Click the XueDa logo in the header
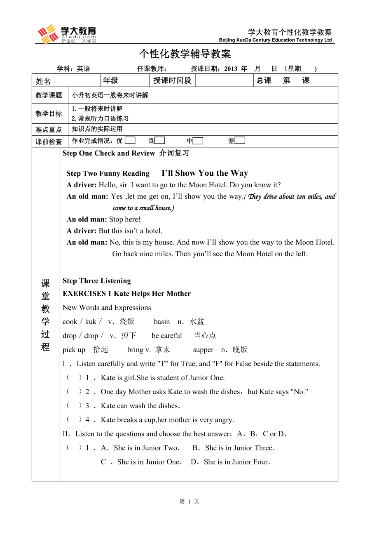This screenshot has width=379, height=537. [x=67, y=34]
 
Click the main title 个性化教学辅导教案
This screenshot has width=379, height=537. [x=185, y=54]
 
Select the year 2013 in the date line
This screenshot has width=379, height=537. [x=231, y=69]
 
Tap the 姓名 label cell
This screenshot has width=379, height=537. [x=43, y=81]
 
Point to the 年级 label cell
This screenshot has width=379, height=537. [x=110, y=80]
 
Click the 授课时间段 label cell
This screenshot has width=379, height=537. [x=172, y=80]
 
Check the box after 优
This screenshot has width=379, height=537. [x=130, y=141]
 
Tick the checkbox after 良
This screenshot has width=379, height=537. [x=160, y=141]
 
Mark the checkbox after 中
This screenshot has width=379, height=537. [x=198, y=141]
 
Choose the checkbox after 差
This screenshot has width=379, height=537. [x=240, y=141]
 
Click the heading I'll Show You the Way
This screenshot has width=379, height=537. [x=205, y=173]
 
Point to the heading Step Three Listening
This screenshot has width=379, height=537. [x=97, y=281]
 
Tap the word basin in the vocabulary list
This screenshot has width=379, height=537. [x=162, y=322]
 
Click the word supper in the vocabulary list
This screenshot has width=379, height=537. [x=203, y=350]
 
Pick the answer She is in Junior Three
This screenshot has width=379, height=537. [x=240, y=448]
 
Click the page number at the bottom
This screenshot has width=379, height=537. [x=189, y=502]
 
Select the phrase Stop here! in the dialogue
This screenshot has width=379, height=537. [x=125, y=219]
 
